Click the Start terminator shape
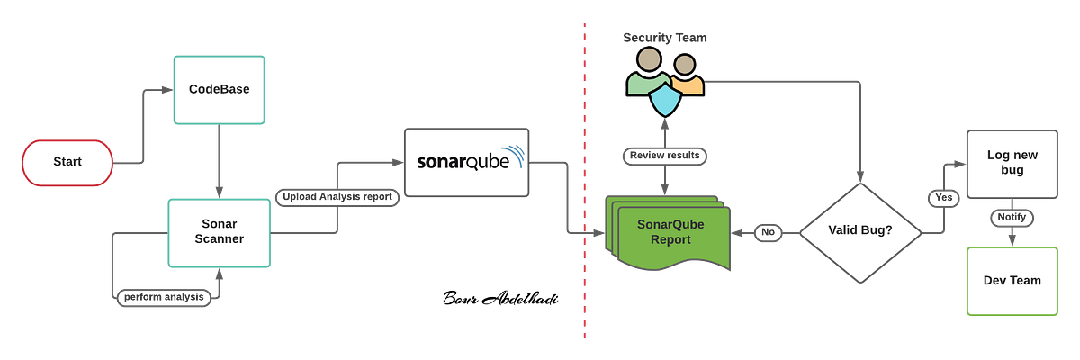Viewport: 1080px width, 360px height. point(67,162)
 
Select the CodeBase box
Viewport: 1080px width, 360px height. point(219,90)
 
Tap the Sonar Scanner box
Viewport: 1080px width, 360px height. point(220,231)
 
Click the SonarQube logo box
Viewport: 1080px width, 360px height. point(467,162)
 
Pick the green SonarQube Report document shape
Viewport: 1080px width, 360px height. point(667,234)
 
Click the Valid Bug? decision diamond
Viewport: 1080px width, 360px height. point(859,232)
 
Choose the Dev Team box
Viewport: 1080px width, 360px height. point(1012,280)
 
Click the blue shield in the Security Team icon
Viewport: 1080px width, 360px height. point(666,101)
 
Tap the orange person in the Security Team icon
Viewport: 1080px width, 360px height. point(687,76)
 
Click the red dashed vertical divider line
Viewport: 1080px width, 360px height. point(584,180)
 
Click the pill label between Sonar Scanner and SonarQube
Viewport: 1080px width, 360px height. point(336,197)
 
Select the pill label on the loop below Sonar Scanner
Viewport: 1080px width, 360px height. point(165,296)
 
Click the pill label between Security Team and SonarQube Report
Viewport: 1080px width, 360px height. point(665,156)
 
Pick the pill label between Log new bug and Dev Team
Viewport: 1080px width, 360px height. point(1012,219)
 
